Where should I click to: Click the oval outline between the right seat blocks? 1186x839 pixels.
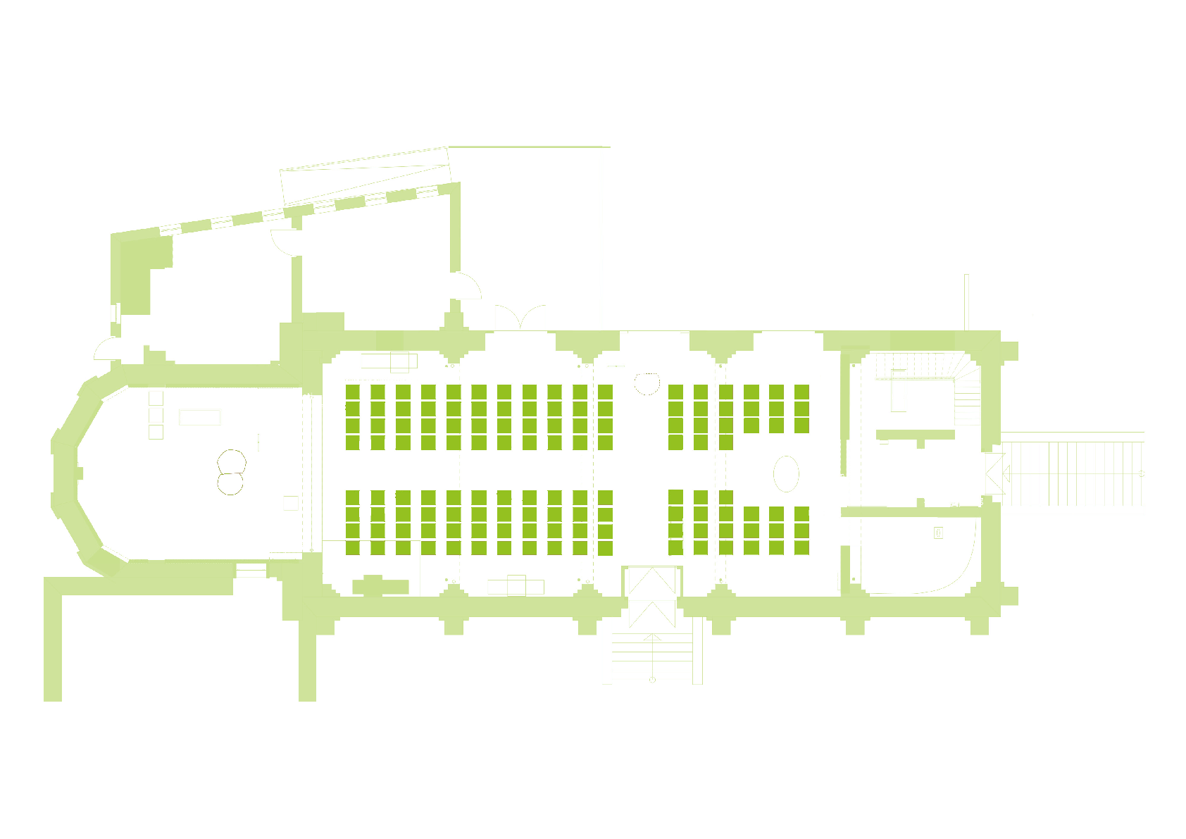pos(786,473)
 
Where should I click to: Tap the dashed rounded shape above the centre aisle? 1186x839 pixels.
pos(646,383)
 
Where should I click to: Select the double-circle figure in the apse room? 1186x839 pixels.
pos(231,472)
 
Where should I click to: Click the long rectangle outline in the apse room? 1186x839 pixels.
pos(199,417)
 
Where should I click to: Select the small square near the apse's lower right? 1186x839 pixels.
pos(290,503)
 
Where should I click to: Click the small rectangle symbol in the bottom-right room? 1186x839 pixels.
pos(938,533)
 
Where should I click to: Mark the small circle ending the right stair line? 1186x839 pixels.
pos(1142,473)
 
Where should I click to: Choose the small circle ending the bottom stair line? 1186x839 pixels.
pos(652,680)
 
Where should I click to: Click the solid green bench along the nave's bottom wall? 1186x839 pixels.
pos(380,586)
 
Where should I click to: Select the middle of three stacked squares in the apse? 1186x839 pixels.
pos(156,415)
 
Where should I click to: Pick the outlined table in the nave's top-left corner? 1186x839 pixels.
pos(389,362)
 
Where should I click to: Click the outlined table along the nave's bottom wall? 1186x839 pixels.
pos(516,585)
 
